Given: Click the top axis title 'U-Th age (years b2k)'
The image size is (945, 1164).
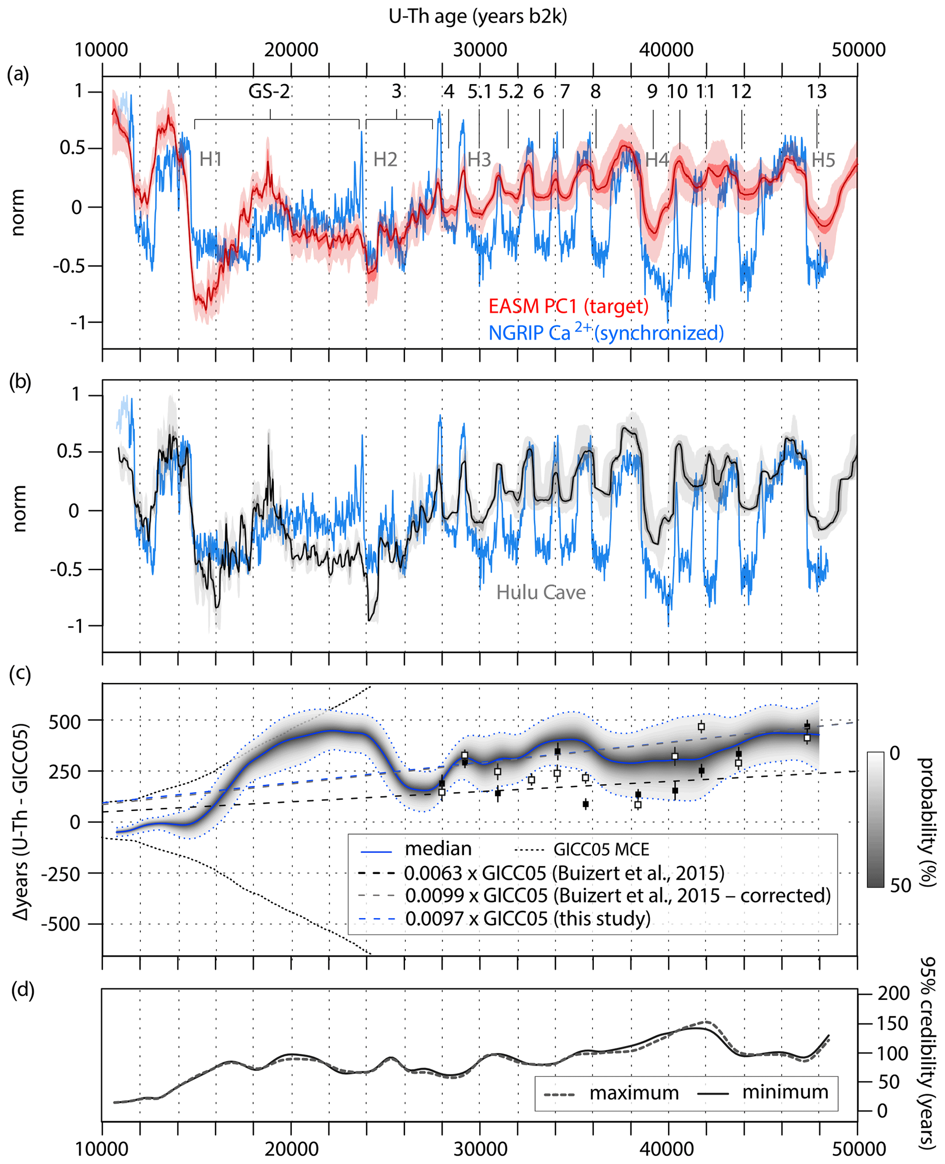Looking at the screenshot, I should coord(477,17).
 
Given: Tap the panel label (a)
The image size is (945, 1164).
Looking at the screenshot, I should coord(18,74).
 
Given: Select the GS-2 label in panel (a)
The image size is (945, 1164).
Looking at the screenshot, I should coord(269,91).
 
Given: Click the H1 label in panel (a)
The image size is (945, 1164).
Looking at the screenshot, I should coord(211,159).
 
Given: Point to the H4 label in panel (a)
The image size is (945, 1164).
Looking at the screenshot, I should coord(657,160).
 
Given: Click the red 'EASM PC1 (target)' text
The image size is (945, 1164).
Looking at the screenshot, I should coord(568,306).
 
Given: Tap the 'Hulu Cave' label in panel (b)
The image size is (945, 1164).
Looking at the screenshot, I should coord(540,593).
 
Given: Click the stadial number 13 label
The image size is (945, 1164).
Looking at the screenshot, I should coord(816,91).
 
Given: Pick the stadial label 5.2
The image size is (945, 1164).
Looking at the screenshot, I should coord(511,91).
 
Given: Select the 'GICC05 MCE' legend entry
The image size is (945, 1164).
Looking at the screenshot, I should coord(601,849).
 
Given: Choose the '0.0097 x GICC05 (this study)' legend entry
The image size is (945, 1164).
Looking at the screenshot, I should coord(528,918).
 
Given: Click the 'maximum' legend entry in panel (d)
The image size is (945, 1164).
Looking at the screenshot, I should coord(634,1093).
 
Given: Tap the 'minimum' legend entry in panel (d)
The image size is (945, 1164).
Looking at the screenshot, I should coord(785,1092).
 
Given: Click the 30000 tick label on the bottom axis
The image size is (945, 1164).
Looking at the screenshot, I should coord(480,1149).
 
